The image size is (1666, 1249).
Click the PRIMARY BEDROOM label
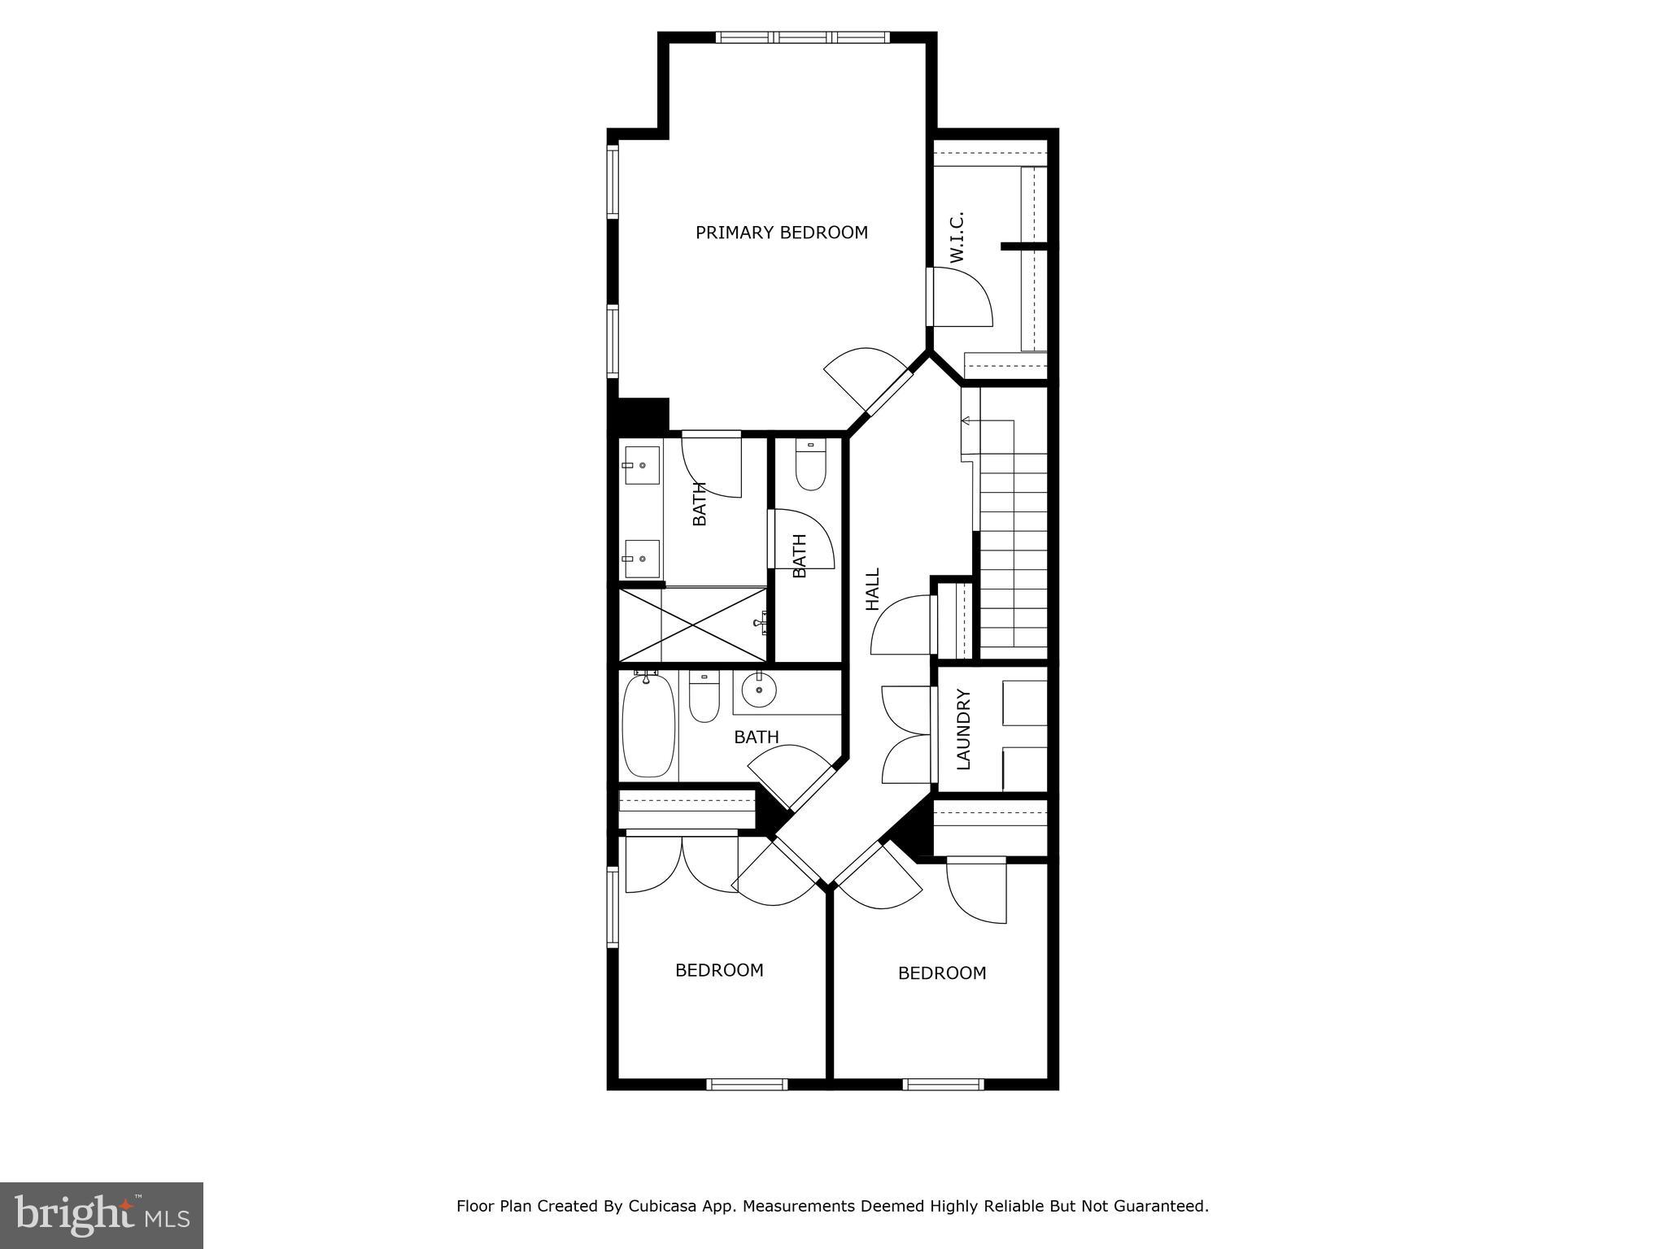click(x=781, y=233)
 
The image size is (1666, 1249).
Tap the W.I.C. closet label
click(x=957, y=237)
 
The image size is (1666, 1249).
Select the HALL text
click(x=873, y=590)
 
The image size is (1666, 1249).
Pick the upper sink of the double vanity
click(x=642, y=465)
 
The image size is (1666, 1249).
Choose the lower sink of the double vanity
click(x=642, y=559)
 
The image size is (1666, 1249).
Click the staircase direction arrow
click(x=966, y=420)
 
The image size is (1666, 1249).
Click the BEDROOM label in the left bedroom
click(x=719, y=970)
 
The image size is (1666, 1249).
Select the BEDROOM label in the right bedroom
click(x=941, y=973)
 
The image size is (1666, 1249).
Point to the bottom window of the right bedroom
click(x=944, y=1084)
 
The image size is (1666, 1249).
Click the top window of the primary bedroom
click(x=802, y=37)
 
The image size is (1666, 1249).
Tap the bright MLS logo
click(x=102, y=1216)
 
